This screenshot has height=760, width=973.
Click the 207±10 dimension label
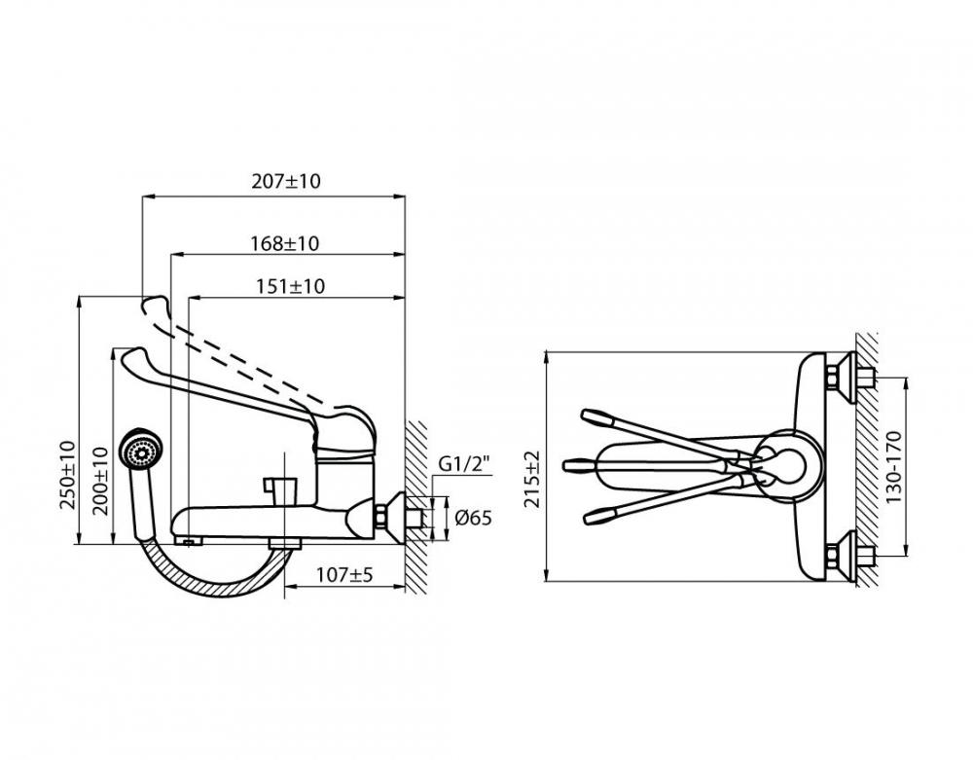pyautogui.click(x=286, y=181)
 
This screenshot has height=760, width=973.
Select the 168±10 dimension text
pyautogui.click(x=285, y=243)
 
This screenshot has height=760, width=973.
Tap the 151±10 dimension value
pyautogui.click(x=290, y=287)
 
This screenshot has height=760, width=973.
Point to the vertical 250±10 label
pyautogui.click(x=68, y=475)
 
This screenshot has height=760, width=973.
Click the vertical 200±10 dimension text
pyautogui.click(x=100, y=481)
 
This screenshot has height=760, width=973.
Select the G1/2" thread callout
pyautogui.click(x=464, y=463)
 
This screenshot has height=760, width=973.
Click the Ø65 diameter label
pyautogui.click(x=473, y=518)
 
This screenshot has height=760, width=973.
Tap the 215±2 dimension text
pyautogui.click(x=532, y=480)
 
